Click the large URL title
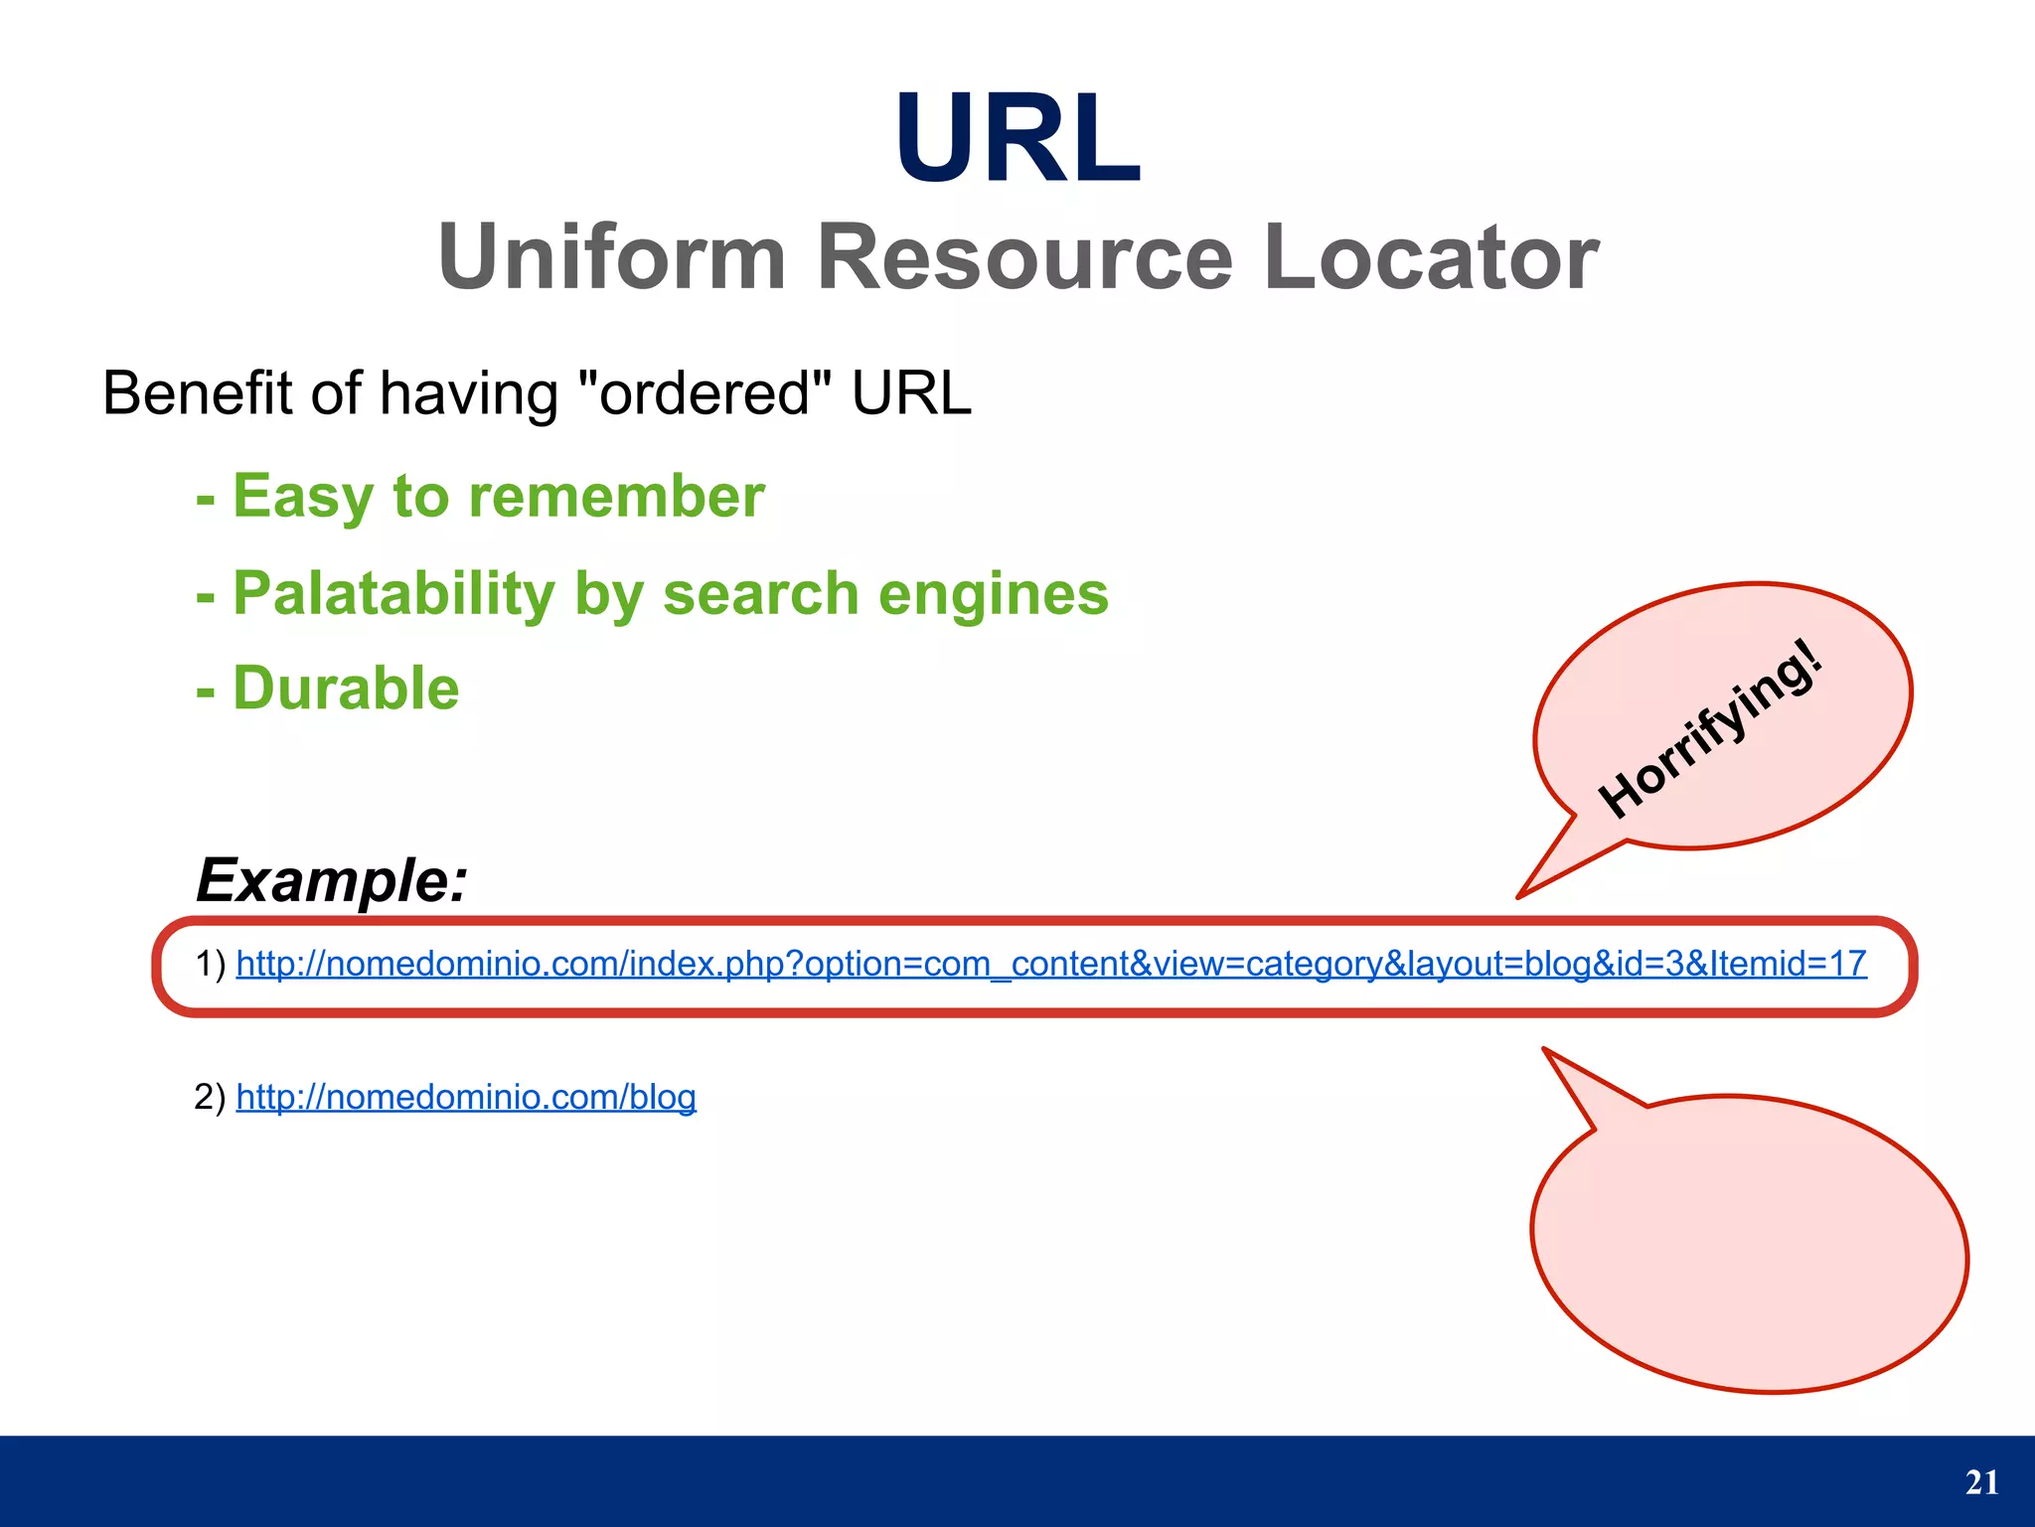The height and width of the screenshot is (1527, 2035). point(1017,139)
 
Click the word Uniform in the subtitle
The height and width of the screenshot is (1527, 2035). point(612,257)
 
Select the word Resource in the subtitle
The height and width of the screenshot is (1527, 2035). point(1024,257)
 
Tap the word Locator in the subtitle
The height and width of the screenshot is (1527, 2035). point(1431,257)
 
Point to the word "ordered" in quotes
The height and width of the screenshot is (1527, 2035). point(705,393)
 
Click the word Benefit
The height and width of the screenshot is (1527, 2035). point(199,393)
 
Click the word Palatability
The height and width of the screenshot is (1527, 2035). point(393,593)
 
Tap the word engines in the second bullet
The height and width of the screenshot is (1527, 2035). point(993,593)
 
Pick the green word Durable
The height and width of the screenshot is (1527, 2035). point(346,687)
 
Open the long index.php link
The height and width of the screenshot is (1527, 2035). point(1051,964)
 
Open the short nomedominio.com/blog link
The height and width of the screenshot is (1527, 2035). point(466,1097)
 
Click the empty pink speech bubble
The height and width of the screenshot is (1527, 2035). point(1749,1242)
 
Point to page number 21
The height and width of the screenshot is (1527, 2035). point(1981,1482)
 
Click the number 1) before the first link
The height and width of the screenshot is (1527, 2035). point(211,964)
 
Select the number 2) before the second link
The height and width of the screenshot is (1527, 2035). point(211,1097)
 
